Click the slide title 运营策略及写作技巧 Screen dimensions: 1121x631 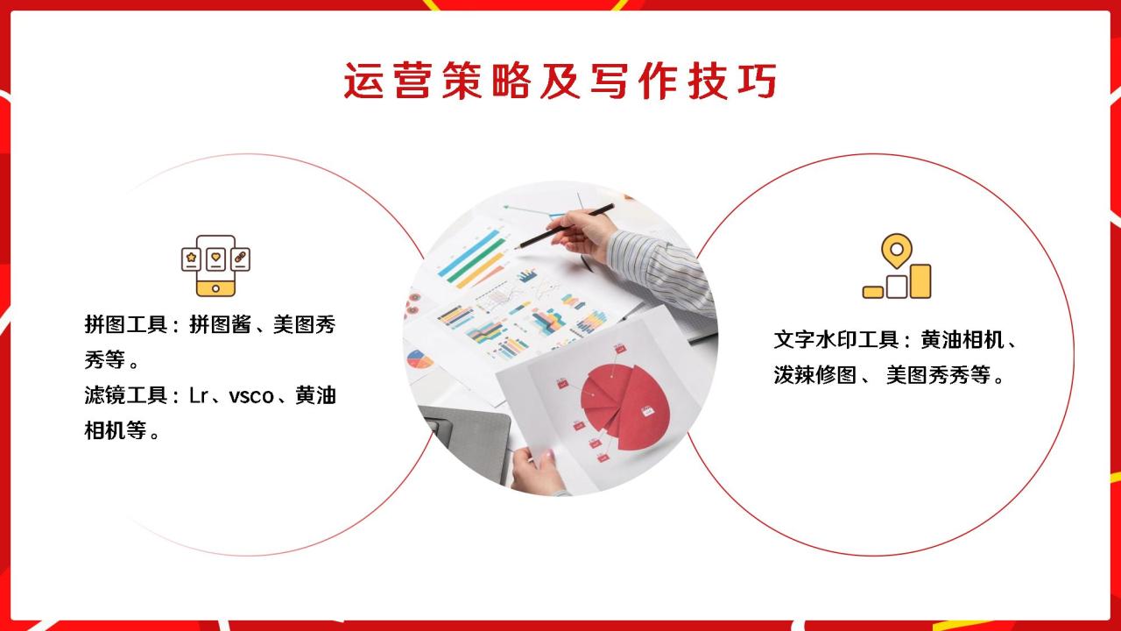click(x=560, y=81)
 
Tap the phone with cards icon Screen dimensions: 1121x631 click(x=215, y=266)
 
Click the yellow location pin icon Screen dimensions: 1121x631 click(x=897, y=251)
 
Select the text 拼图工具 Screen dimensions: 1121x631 click(x=125, y=324)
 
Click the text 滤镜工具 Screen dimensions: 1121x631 click(x=125, y=395)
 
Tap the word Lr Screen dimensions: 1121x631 click(x=199, y=396)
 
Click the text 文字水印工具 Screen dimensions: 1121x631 click(x=836, y=340)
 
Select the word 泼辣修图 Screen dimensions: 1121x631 click(x=815, y=374)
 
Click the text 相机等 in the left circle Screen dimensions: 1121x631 click(x=115, y=430)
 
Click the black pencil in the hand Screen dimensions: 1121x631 click(x=565, y=226)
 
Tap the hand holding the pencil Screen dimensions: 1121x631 click(x=583, y=236)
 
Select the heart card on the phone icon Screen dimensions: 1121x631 click(x=215, y=259)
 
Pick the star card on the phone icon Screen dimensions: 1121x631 click(x=191, y=259)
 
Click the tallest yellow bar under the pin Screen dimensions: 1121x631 click(x=920, y=281)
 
